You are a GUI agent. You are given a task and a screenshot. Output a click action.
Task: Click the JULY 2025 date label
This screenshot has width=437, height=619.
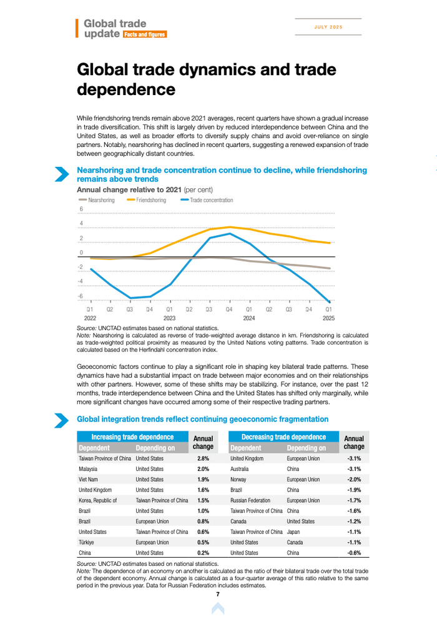(328, 28)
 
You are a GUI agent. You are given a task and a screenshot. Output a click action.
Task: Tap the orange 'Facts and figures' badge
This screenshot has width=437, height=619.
(144, 34)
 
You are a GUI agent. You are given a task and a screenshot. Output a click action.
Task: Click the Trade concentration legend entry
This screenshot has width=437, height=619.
(207, 200)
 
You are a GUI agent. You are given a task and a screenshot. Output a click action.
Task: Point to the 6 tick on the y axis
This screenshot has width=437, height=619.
(81, 209)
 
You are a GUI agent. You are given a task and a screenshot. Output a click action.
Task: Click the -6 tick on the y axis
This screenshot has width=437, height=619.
(80, 296)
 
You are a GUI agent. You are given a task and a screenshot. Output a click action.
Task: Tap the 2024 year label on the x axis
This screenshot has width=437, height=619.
(249, 318)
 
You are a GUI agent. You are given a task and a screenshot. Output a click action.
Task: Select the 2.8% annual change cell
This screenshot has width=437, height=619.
(203, 458)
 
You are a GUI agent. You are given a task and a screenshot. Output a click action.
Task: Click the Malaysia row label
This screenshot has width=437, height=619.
(88, 469)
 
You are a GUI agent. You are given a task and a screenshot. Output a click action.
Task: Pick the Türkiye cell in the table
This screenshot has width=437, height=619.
(87, 543)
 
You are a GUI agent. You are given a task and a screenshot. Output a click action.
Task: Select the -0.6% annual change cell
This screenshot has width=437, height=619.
(354, 553)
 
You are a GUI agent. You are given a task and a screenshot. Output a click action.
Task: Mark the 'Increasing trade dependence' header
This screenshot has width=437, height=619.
(132, 437)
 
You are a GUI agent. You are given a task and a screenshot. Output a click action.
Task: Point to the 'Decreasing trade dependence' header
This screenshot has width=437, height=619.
(283, 437)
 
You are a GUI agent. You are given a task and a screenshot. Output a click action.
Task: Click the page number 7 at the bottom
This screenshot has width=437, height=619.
(218, 594)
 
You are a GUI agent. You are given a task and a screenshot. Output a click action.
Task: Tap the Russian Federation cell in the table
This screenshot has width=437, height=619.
(250, 501)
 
